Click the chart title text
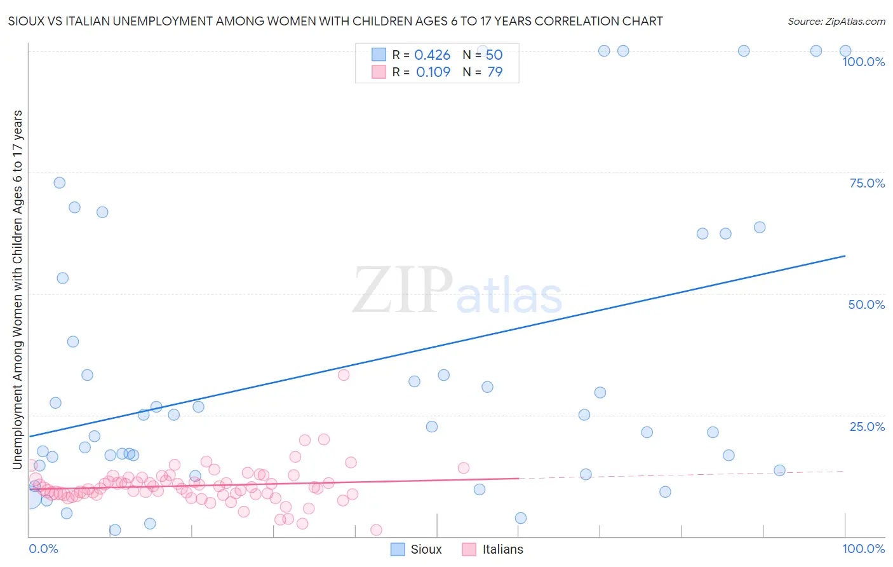click(335, 21)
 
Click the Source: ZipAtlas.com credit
click(836, 21)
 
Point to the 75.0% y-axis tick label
click(867, 183)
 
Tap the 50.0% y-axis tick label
click(866, 304)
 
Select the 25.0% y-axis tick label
click(867, 427)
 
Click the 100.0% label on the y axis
click(863, 62)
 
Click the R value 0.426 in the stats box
click(432, 55)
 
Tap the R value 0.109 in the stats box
click(433, 72)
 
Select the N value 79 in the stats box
click(495, 72)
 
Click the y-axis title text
click(17, 289)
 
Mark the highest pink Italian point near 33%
click(344, 375)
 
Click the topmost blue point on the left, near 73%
click(59, 182)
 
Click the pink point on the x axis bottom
click(376, 530)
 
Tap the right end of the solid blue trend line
click(845, 256)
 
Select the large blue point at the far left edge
click(29, 498)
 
